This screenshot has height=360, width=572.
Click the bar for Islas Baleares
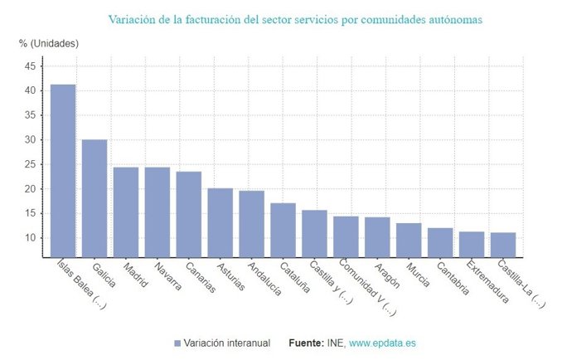coord(63,170)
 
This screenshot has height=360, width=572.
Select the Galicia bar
coord(95,198)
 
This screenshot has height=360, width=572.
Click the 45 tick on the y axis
coord(30,66)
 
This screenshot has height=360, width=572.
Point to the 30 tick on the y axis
coord(30,140)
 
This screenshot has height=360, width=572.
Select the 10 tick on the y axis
coord(30,238)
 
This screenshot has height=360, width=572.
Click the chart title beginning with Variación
coord(294,17)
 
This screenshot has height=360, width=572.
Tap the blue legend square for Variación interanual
coord(177,343)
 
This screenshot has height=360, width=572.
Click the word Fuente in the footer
coord(307,343)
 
